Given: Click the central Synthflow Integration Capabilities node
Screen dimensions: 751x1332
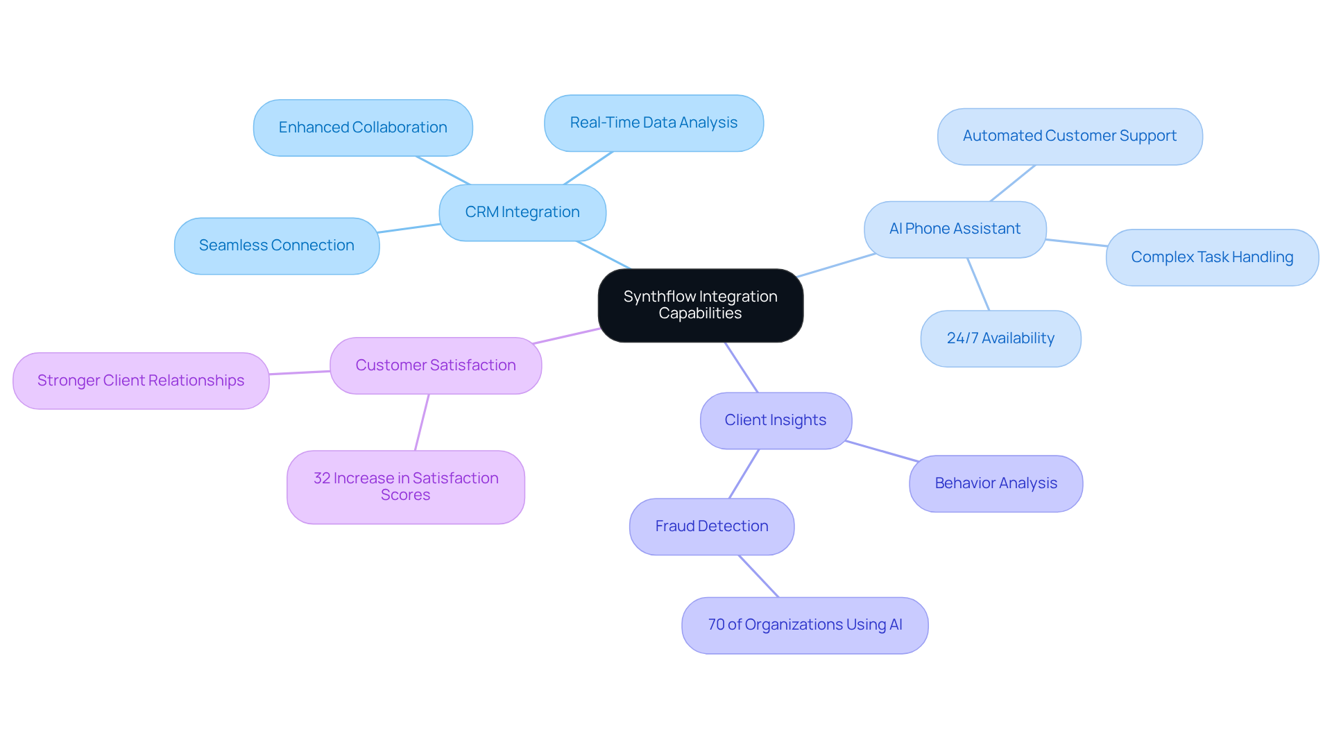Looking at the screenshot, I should [700, 305].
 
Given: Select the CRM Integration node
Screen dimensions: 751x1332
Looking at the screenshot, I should [522, 212].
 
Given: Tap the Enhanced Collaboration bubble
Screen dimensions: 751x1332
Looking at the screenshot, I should [362, 128].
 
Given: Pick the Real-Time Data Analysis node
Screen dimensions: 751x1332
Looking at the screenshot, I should [653, 123].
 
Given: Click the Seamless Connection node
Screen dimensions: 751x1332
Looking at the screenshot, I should [276, 245].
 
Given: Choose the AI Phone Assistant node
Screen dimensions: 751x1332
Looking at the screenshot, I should [955, 229].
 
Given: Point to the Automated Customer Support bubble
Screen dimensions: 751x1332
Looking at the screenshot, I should [1069, 136].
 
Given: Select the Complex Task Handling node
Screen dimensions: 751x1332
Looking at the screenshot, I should [1211, 257].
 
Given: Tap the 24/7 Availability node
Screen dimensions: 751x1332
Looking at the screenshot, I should [1000, 338].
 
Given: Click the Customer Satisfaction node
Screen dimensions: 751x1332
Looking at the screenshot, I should [435, 365].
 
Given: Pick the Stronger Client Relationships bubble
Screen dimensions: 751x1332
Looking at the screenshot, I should [140, 381].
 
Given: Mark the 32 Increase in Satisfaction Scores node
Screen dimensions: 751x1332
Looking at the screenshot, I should [405, 487].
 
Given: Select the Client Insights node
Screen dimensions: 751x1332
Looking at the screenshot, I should [775, 420].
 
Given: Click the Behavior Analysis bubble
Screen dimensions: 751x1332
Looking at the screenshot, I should [996, 483].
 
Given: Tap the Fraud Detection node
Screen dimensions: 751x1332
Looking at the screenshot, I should [711, 526].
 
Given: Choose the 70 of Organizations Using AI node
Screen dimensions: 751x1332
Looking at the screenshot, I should [804, 625].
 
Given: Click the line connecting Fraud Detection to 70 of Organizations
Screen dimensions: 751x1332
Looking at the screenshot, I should [759, 576].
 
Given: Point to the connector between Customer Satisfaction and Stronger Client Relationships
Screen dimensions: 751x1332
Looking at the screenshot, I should [300, 373].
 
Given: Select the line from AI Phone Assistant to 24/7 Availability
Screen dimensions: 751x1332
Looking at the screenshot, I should [978, 284].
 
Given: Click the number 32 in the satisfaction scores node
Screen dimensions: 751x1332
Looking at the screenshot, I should [321, 478].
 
